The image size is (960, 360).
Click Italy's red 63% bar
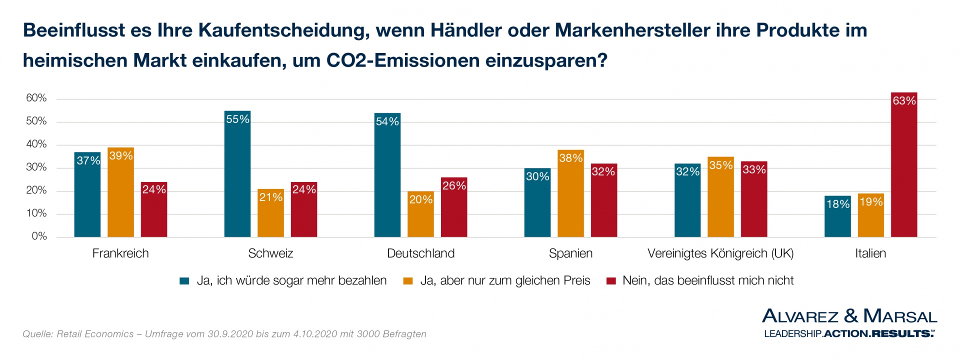[x=904, y=165]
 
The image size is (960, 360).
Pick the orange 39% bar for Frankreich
[x=120, y=192]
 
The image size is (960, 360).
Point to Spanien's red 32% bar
[x=603, y=200]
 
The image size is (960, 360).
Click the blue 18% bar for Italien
[x=837, y=216]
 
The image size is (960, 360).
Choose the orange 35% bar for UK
[x=720, y=197]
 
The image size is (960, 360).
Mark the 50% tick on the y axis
[x=36, y=121]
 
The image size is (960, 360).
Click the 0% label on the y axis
[x=39, y=236]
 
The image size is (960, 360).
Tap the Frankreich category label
[x=120, y=253]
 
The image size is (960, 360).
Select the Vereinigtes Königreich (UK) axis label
[x=720, y=253]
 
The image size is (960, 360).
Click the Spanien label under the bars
[x=570, y=253]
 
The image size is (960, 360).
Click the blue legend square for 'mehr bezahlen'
[x=184, y=281]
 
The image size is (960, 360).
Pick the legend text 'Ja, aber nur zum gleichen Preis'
[x=505, y=281]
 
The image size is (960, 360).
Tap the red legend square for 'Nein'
[x=610, y=281]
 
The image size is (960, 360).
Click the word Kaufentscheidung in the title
[x=283, y=30]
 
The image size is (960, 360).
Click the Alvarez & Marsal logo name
[x=849, y=316]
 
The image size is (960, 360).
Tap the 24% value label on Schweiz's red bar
[x=304, y=189]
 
